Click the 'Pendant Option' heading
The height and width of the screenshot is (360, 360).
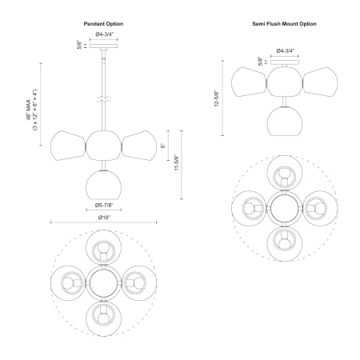103,24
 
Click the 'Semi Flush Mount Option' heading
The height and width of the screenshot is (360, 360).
284,24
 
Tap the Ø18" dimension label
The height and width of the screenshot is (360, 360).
104,218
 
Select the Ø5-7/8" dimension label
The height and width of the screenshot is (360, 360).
104,205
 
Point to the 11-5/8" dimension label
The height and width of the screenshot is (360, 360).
177,162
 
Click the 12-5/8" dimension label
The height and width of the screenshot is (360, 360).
217,98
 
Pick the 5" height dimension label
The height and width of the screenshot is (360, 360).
163,146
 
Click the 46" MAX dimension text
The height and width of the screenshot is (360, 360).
28,110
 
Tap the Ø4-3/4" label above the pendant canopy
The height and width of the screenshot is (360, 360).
105,34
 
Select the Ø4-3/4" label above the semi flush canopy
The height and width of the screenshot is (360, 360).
286,50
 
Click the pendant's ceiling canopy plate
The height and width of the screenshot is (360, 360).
104,46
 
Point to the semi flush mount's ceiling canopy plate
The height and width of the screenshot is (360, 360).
285,62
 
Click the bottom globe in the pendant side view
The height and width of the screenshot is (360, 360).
104,185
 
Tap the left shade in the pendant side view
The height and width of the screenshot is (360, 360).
68,146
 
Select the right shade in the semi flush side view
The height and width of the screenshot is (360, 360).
320,82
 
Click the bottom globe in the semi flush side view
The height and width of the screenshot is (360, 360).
285,122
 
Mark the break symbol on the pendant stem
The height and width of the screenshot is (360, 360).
104,99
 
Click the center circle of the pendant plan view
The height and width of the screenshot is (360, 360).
104,283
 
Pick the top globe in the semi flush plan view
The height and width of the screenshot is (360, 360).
285,173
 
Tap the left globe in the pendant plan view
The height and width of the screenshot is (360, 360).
68,283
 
